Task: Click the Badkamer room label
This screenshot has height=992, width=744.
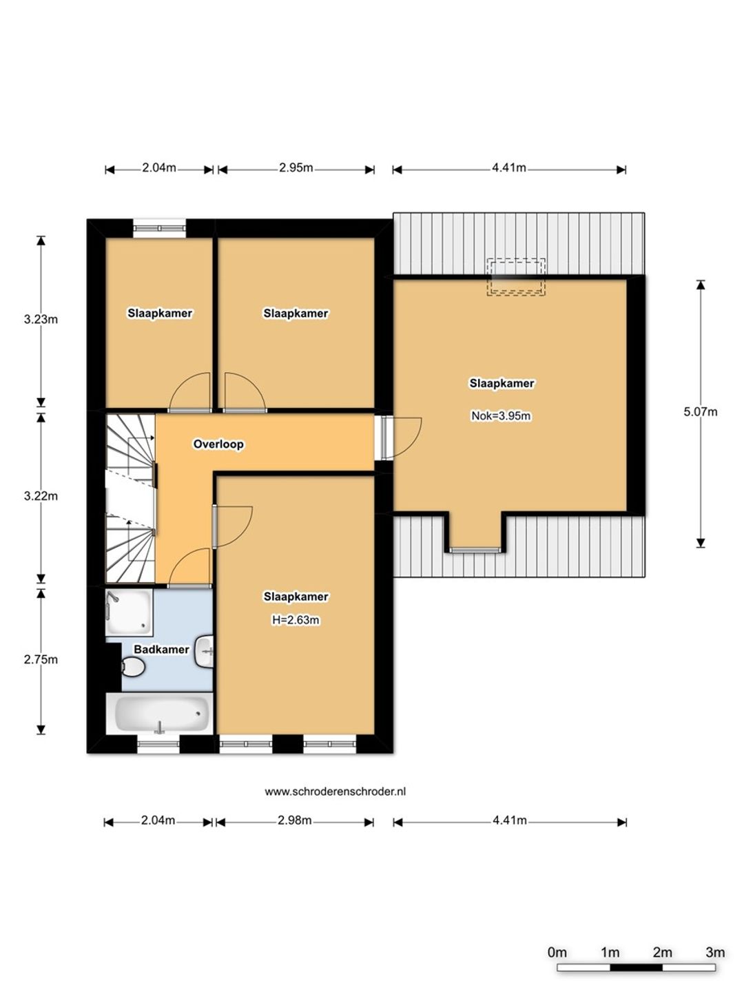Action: coord(161,650)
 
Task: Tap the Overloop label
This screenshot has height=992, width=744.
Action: coord(218,444)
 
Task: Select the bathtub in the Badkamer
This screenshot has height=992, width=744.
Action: coord(159,713)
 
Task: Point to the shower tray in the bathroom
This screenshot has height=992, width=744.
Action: coord(130,612)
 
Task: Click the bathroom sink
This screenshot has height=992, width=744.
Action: coord(205,651)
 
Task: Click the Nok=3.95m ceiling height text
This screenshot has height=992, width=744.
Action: coord(501,415)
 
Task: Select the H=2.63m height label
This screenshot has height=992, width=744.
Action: coord(296,619)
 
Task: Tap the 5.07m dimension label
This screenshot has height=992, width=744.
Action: coord(700,412)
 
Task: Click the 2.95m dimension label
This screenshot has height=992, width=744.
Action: coord(296,167)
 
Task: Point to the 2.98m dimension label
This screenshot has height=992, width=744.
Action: coord(295,820)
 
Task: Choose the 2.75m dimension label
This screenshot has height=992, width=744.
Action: coord(41,659)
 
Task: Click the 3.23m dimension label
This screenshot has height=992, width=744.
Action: coord(41,320)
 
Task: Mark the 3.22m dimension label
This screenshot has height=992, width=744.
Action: coord(41,496)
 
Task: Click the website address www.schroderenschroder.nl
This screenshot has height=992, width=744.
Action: coord(335,792)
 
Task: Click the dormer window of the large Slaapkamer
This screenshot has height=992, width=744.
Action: coord(475,550)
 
